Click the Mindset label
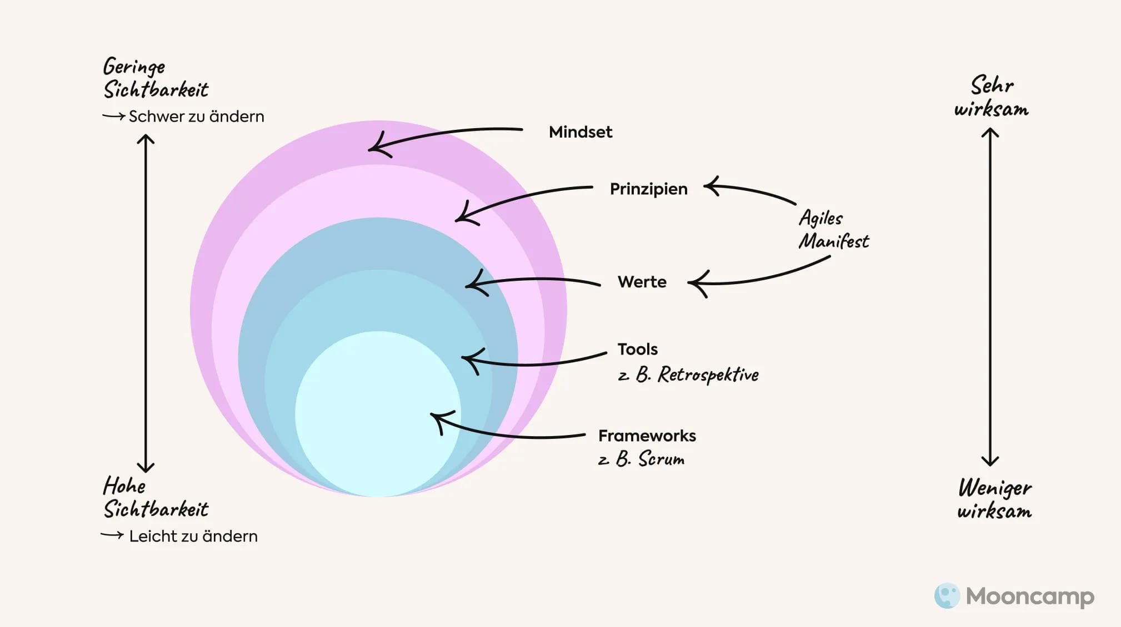click(x=580, y=132)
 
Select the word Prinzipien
click(x=648, y=189)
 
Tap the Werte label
click(x=642, y=282)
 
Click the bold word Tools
click(x=637, y=349)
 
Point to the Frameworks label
click(x=647, y=436)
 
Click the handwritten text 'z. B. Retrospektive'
click(x=688, y=375)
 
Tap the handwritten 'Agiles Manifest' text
click(x=833, y=230)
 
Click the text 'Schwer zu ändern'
click(x=196, y=117)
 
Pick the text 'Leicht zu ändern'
click(x=193, y=537)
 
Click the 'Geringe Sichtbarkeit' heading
click(x=155, y=78)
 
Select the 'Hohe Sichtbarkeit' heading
click(x=155, y=498)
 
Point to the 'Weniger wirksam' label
click(x=994, y=499)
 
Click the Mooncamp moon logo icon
click(x=947, y=595)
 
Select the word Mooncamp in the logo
click(x=1030, y=596)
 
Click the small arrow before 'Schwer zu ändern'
click(x=113, y=116)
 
